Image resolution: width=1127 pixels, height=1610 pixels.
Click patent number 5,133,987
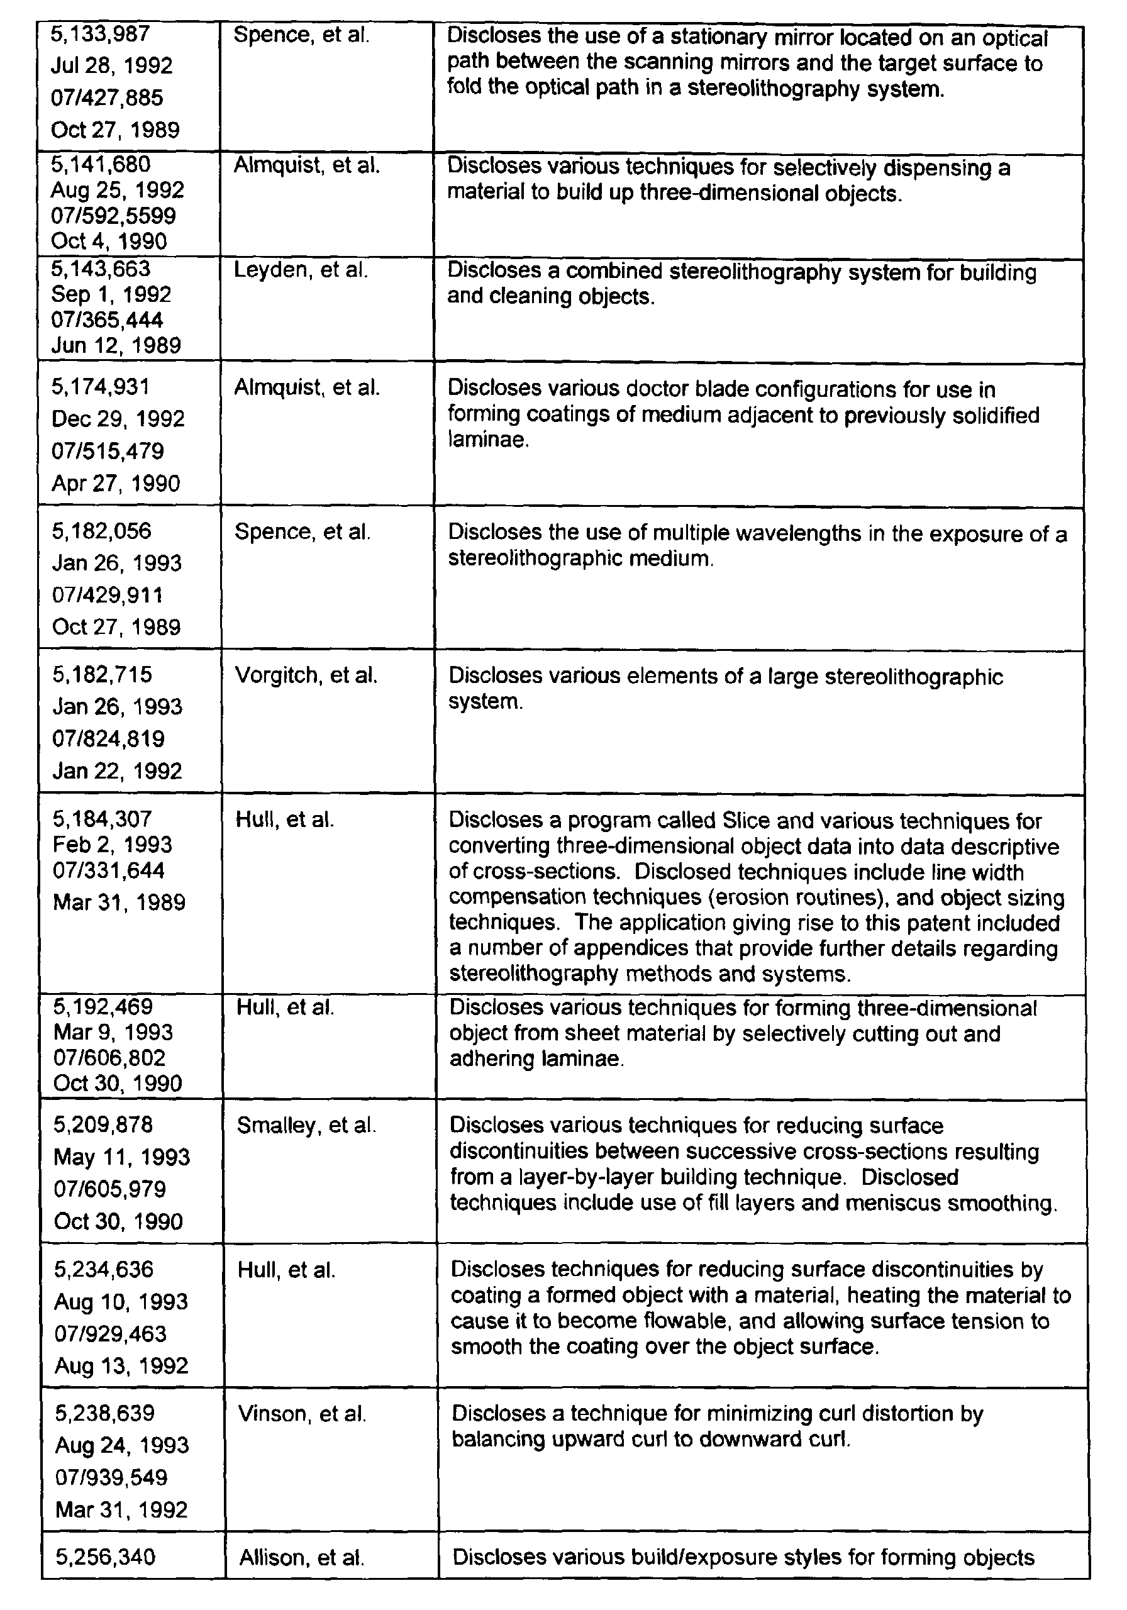click(x=100, y=34)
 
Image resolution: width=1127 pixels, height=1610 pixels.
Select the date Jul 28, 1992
click(x=111, y=66)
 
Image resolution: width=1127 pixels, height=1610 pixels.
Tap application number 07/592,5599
click(x=113, y=216)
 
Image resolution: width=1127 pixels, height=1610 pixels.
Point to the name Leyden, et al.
click(x=301, y=270)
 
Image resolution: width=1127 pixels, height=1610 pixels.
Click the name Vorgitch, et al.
click(x=306, y=675)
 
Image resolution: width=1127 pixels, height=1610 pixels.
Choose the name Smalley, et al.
click(x=306, y=1126)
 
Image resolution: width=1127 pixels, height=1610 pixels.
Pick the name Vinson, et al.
click(x=303, y=1414)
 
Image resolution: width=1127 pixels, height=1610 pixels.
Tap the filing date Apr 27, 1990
click(x=116, y=483)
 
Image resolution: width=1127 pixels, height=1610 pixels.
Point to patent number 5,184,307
click(x=103, y=819)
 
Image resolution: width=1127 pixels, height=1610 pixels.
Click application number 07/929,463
click(x=111, y=1333)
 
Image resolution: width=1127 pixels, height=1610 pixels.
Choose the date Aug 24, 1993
click(x=122, y=1445)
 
